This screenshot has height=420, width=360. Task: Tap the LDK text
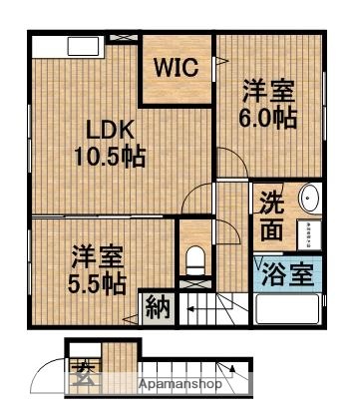tap(103, 130)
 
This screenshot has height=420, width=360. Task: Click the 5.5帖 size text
tap(97, 283)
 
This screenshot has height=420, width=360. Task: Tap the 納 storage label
tap(156, 308)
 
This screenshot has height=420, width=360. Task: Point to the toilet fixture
tap(195, 261)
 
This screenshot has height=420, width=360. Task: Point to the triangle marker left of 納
tap(131, 319)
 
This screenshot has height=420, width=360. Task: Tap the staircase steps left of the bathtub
tap(223, 304)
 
